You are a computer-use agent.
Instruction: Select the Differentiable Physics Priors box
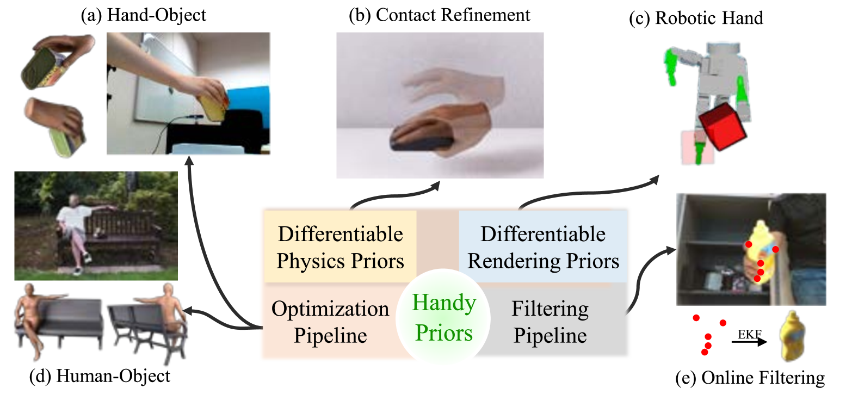click(x=340, y=247)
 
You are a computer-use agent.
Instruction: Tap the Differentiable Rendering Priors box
click(x=543, y=247)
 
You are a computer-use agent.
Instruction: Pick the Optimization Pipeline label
click(x=330, y=322)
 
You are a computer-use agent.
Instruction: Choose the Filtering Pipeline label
click(x=550, y=322)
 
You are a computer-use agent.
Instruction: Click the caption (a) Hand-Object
click(x=143, y=15)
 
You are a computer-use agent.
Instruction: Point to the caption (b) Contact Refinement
click(x=440, y=15)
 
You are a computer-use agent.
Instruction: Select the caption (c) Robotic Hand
click(x=696, y=18)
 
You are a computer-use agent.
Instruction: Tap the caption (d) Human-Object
click(x=100, y=376)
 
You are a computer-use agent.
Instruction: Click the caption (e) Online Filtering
click(x=750, y=378)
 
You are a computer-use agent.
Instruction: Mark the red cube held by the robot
click(x=723, y=126)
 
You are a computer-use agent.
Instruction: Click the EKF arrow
click(x=749, y=341)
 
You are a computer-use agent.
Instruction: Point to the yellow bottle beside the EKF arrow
click(x=792, y=336)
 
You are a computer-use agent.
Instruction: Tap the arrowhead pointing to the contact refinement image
click(x=435, y=186)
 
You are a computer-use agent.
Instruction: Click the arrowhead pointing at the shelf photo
click(x=671, y=250)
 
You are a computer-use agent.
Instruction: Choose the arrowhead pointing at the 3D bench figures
click(x=189, y=311)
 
